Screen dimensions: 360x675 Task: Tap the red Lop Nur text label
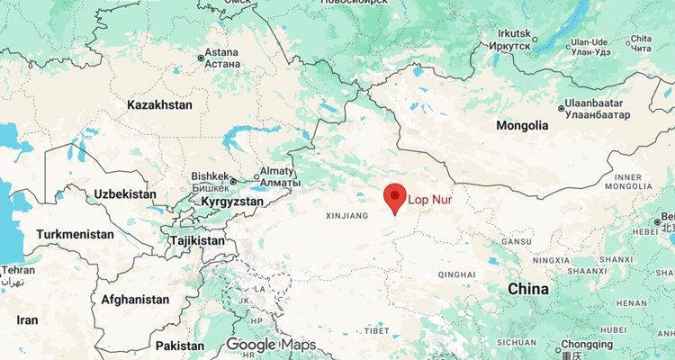(x=430, y=199)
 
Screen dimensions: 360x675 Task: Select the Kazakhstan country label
(x=160, y=105)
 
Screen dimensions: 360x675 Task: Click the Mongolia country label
(x=522, y=125)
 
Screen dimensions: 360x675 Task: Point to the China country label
(x=528, y=289)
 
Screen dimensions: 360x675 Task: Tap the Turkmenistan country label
(x=75, y=234)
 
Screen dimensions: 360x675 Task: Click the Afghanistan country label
(x=135, y=299)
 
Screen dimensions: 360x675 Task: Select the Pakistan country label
(x=180, y=346)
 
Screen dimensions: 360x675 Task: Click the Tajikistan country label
(x=197, y=241)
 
